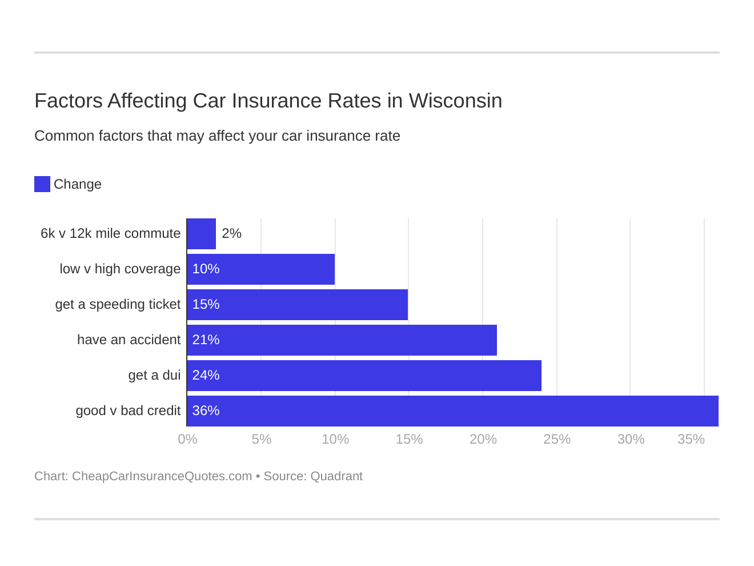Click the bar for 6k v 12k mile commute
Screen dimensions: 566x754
tap(202, 234)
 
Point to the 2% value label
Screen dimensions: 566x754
tap(231, 233)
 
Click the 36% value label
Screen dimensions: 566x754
tap(206, 410)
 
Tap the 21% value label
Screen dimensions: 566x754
tap(206, 340)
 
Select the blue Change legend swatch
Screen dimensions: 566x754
tap(42, 184)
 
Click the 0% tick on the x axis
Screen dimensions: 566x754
tap(187, 439)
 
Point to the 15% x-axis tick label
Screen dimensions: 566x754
tap(409, 439)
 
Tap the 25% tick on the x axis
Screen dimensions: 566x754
tap(557, 439)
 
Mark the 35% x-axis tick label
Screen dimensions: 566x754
tap(691, 439)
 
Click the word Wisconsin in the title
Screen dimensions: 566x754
tap(455, 101)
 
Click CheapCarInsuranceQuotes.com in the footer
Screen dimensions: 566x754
tap(162, 476)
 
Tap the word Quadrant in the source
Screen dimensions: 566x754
tap(336, 476)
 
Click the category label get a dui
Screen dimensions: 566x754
tap(154, 375)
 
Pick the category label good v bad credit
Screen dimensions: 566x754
tap(128, 410)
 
